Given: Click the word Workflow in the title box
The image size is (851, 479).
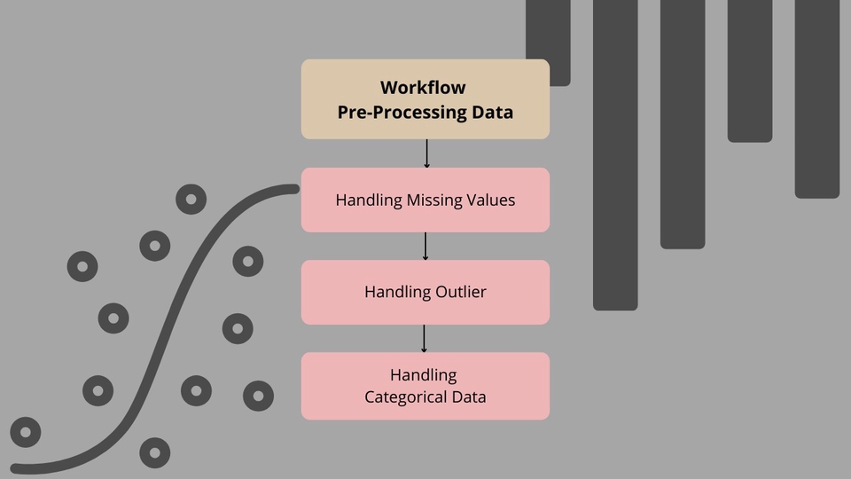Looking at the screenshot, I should [x=423, y=88].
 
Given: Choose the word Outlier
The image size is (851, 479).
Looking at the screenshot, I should [x=461, y=292].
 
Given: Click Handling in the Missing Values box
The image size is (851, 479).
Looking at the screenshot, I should [x=368, y=200].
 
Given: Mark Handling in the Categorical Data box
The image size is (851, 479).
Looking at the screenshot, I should [x=424, y=375].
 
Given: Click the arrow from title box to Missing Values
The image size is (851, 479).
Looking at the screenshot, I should [x=426, y=153].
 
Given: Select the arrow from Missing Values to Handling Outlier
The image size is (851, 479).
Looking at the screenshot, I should [x=425, y=246].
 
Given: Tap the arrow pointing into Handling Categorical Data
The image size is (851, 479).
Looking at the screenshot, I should [x=424, y=338].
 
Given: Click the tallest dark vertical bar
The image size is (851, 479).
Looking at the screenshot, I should [x=615, y=155].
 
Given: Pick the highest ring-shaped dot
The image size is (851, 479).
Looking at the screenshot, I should [x=191, y=200].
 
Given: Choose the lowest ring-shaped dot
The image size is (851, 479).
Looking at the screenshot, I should [x=154, y=452].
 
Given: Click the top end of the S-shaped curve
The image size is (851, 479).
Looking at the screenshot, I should [x=294, y=189].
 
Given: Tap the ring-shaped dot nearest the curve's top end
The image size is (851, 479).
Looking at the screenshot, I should [x=247, y=262].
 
